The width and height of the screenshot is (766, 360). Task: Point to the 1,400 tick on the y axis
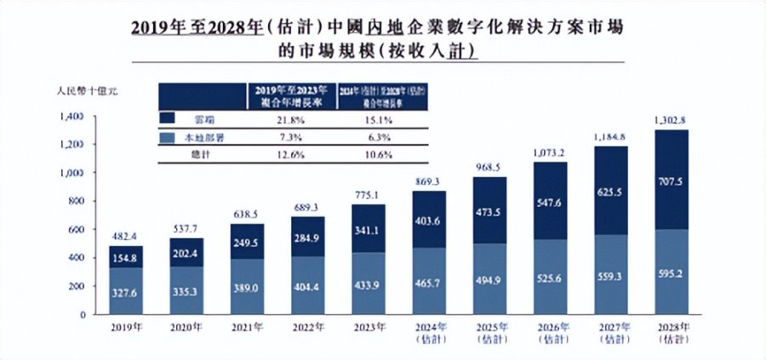click(73, 116)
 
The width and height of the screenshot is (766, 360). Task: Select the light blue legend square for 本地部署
click(167, 137)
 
